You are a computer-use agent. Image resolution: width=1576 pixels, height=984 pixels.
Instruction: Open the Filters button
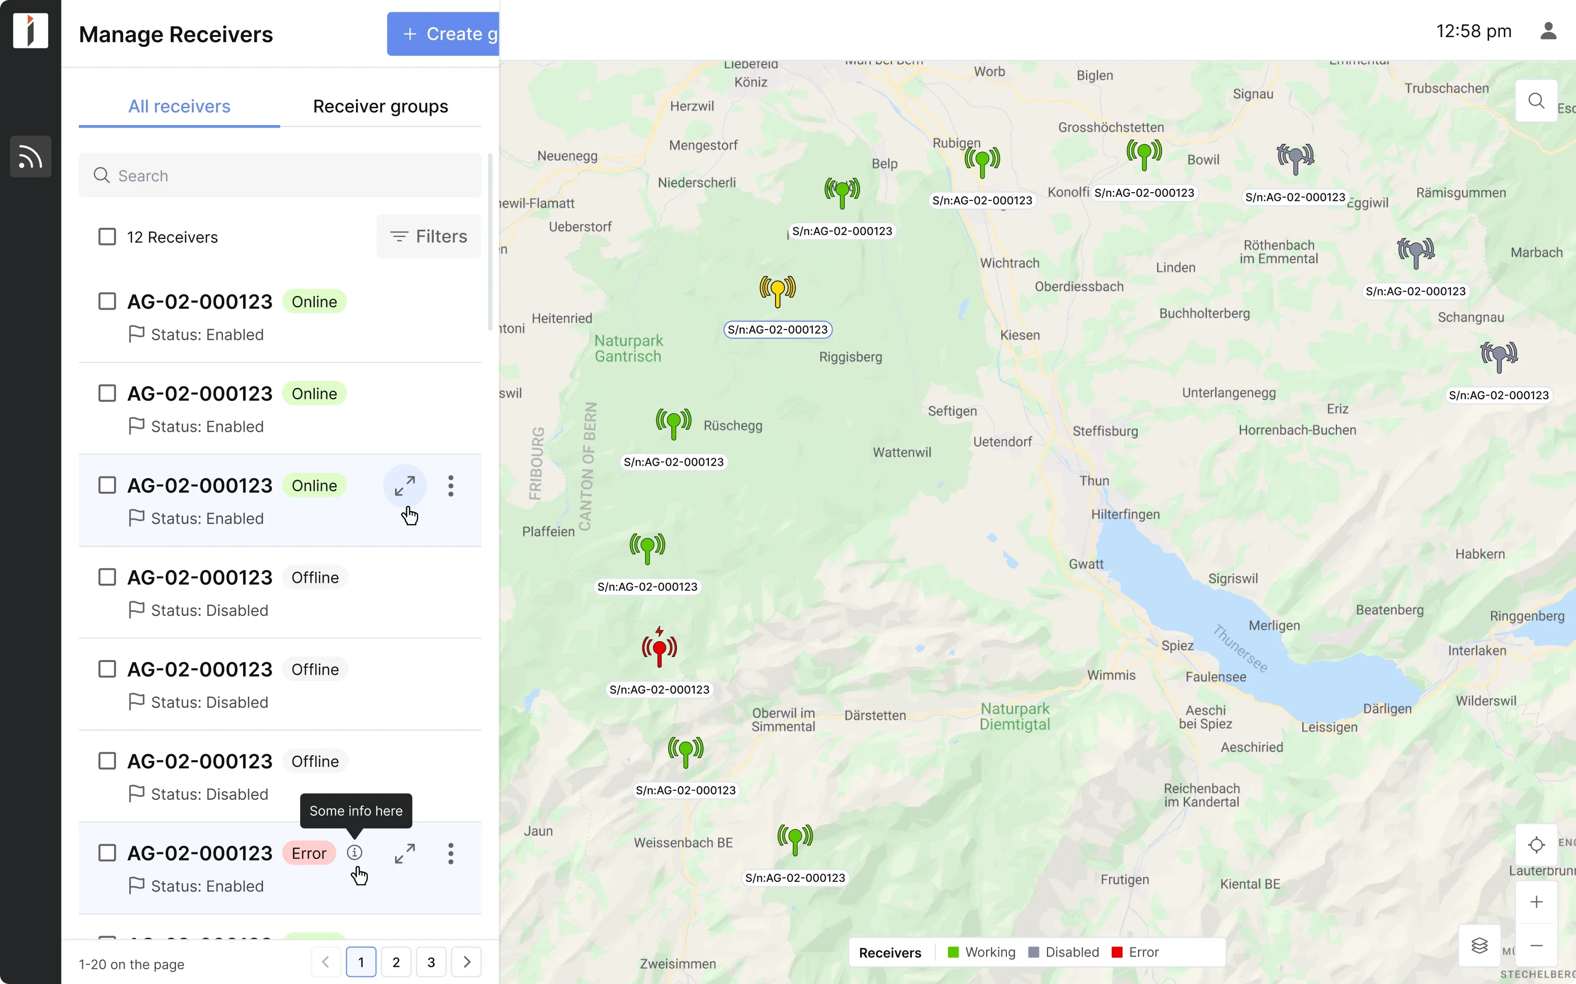coord(428,237)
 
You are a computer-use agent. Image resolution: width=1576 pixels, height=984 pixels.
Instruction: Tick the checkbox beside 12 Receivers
coord(107,237)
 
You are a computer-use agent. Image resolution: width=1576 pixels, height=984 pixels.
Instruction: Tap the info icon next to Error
coord(354,852)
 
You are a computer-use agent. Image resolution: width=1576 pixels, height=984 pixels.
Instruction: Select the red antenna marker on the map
coord(659,648)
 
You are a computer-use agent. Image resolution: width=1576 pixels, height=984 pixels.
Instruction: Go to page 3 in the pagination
coord(431,962)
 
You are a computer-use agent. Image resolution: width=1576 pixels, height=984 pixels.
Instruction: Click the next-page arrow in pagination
coord(466,962)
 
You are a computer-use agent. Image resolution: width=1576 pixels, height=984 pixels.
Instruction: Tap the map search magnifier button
coord(1536,101)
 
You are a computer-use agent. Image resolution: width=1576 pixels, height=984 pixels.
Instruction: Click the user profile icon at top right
coord(1548,31)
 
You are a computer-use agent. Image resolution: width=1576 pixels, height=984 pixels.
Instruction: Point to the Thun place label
coord(1094,481)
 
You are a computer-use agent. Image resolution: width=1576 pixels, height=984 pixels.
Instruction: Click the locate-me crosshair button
coord(1536,845)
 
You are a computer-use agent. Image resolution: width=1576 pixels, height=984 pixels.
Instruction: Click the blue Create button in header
coord(443,34)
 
